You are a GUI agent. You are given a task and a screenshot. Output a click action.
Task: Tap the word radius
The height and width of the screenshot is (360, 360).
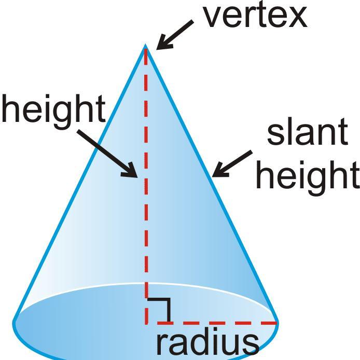tap(207, 342)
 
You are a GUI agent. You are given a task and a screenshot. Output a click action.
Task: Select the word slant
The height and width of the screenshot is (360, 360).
tap(307, 132)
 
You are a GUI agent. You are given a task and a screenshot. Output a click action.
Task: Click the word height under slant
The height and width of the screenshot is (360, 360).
tap(308, 175)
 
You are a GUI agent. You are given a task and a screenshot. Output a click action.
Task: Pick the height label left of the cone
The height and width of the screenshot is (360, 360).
tap(53, 110)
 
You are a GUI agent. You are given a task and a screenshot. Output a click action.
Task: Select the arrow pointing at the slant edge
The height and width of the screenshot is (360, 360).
tap(231, 163)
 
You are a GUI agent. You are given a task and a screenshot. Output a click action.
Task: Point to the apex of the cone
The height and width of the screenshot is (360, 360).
tap(146, 45)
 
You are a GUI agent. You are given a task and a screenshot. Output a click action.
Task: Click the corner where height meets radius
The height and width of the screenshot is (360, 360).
tap(146, 323)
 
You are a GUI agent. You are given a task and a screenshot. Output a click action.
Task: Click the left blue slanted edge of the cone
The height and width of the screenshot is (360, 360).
tap(78, 187)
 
